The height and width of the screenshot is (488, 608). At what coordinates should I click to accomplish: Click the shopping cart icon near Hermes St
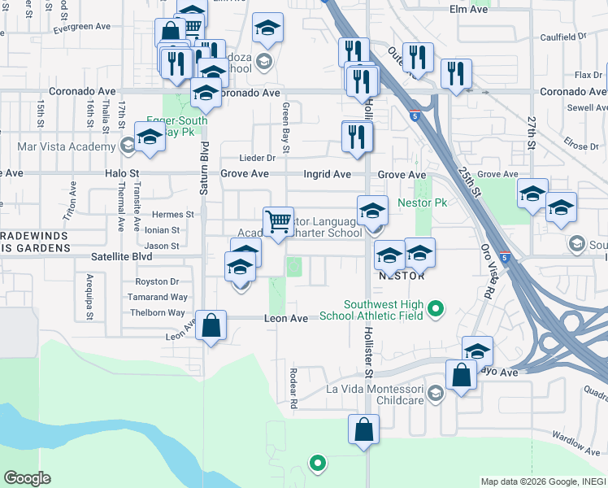pyautogui.click(x=278, y=221)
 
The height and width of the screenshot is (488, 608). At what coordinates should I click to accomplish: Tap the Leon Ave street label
pyautogui.click(x=286, y=319)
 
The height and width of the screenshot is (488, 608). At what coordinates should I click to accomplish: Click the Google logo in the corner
pyautogui.click(x=27, y=478)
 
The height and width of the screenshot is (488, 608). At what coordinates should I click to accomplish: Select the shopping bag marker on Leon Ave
pyautogui.click(x=211, y=326)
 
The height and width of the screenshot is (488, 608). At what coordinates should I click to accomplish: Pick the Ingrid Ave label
pyautogui.click(x=328, y=174)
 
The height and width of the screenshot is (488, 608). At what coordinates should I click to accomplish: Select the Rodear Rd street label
pyautogui.click(x=293, y=387)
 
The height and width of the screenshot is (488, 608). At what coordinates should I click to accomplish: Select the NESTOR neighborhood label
pyautogui.click(x=402, y=276)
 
